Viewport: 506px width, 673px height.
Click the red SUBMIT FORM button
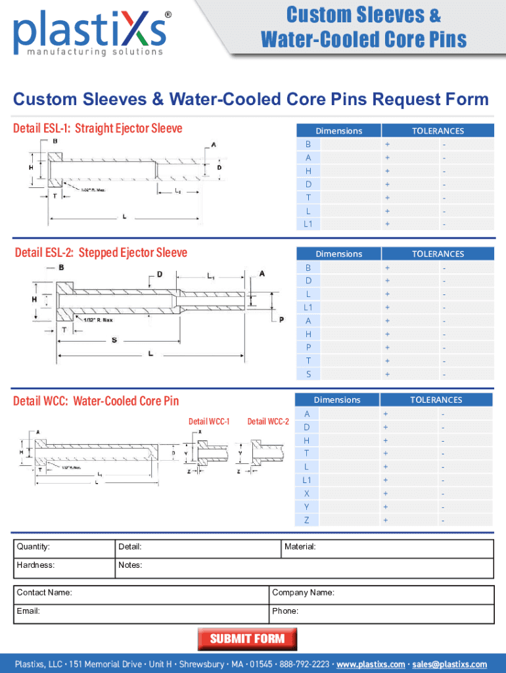coord(247,639)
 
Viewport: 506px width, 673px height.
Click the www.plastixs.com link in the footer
coord(371,664)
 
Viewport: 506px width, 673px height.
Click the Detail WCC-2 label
coord(268,421)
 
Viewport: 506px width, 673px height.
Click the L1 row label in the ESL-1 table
coord(308,225)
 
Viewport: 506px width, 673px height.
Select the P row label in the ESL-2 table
coord(308,348)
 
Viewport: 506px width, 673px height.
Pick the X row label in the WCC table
coord(307,494)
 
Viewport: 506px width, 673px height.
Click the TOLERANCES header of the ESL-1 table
coord(438,131)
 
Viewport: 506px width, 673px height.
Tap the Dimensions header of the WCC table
coord(337,400)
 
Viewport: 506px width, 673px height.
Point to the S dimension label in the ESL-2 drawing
coord(115,340)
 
